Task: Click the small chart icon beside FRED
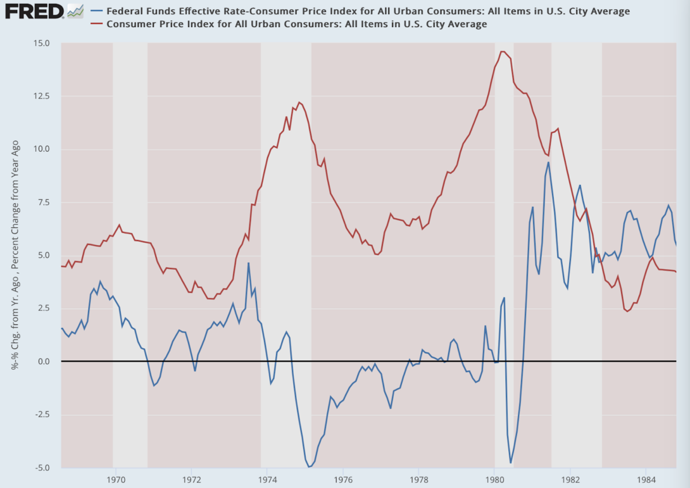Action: (75, 10)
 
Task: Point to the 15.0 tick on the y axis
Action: (41, 43)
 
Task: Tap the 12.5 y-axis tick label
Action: (41, 96)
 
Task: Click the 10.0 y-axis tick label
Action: (41, 149)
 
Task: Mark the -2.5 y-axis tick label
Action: (41, 414)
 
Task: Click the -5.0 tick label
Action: (41, 467)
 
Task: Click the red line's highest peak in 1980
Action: (502, 52)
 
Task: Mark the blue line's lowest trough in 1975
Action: (309, 467)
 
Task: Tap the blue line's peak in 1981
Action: (549, 162)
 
